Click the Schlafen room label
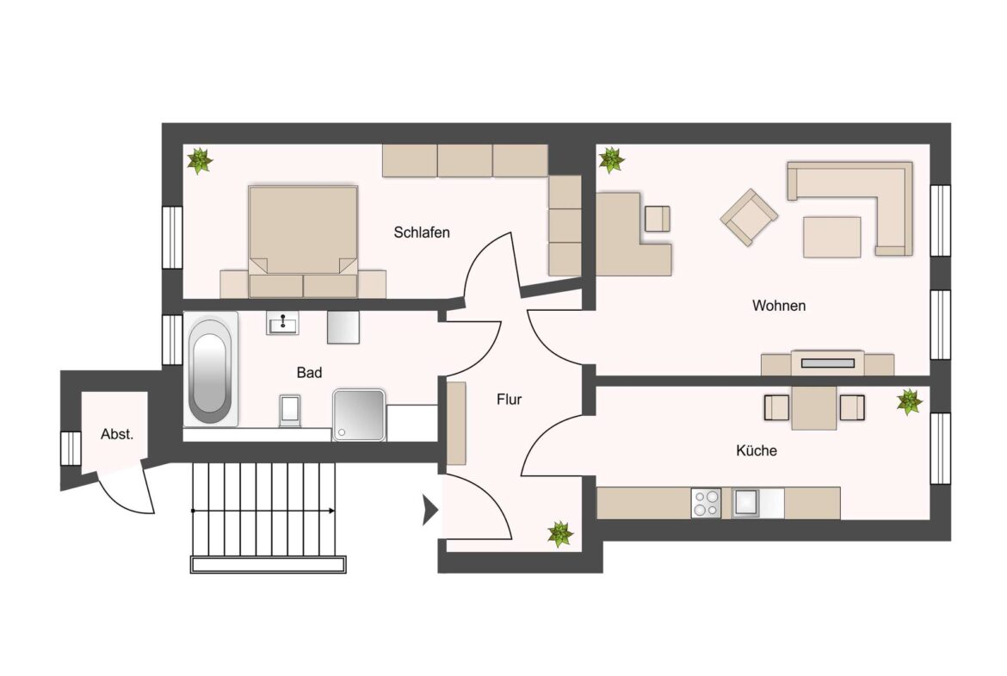click(421, 233)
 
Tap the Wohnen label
click(778, 305)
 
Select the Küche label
click(757, 450)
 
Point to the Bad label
click(309, 373)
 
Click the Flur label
click(510, 400)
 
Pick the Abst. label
click(117, 434)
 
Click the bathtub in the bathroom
click(210, 369)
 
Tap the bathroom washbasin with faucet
click(282, 323)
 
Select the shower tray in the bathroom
click(359, 414)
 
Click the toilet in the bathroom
click(290, 411)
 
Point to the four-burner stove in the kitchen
click(706, 503)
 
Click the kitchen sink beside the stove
click(745, 503)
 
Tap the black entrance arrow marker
click(430, 510)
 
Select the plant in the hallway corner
click(560, 534)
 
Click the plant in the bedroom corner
click(200, 161)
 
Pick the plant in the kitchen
click(910, 401)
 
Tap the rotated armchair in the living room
click(749, 216)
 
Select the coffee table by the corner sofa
click(831, 237)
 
